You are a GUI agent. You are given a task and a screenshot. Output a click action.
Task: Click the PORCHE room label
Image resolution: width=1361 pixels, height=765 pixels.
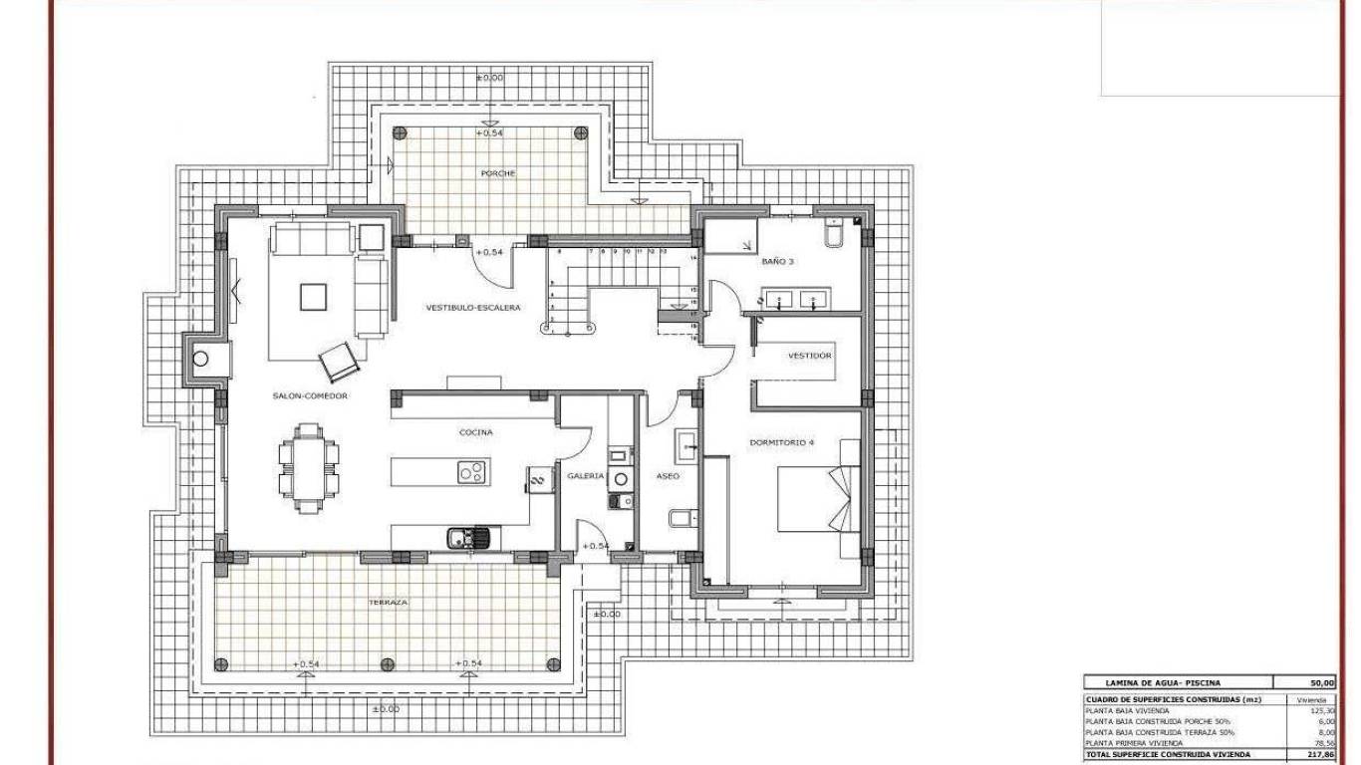click(496, 173)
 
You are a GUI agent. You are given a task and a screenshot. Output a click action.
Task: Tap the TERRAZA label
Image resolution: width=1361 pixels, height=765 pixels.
click(387, 603)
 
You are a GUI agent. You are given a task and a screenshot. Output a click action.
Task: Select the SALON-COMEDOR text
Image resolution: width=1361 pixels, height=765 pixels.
click(310, 396)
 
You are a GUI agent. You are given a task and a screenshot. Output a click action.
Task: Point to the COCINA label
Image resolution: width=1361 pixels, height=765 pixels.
click(475, 433)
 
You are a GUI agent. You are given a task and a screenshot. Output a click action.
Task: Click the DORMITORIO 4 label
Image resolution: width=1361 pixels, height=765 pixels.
click(782, 441)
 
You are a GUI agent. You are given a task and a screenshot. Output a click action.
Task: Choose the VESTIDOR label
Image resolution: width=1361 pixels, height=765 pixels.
click(809, 356)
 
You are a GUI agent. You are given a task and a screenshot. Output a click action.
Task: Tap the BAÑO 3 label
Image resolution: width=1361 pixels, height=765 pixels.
click(778, 262)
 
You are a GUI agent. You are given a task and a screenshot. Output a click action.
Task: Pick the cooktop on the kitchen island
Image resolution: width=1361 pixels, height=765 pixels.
click(473, 472)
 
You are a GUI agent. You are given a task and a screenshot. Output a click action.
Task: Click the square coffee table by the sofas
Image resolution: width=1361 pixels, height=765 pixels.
click(313, 296)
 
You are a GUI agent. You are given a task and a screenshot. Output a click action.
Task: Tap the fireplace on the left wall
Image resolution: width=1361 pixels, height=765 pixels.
click(201, 358)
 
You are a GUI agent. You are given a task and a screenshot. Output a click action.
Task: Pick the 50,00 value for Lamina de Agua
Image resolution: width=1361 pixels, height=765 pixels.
click(1320, 683)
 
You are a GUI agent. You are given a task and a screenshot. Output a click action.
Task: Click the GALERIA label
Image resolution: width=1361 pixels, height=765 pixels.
click(586, 476)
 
